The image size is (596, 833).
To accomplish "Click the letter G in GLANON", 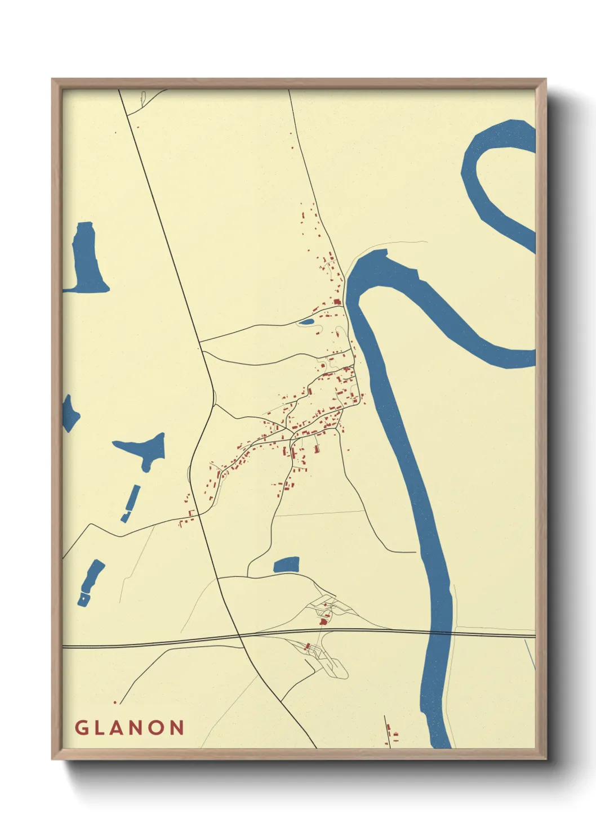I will pos(82,727).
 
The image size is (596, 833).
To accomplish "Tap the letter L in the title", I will pos(103,727).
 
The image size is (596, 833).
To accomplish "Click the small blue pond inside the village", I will pos(306,322).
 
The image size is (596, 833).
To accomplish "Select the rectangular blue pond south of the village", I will pos(286,565).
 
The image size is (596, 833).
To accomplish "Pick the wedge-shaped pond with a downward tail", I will pos(144,447).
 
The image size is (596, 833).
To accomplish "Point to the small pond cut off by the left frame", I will pos(69,413).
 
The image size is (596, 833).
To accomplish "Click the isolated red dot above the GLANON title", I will pos(115,702).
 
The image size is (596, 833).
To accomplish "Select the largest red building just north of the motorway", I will pos(323,621).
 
